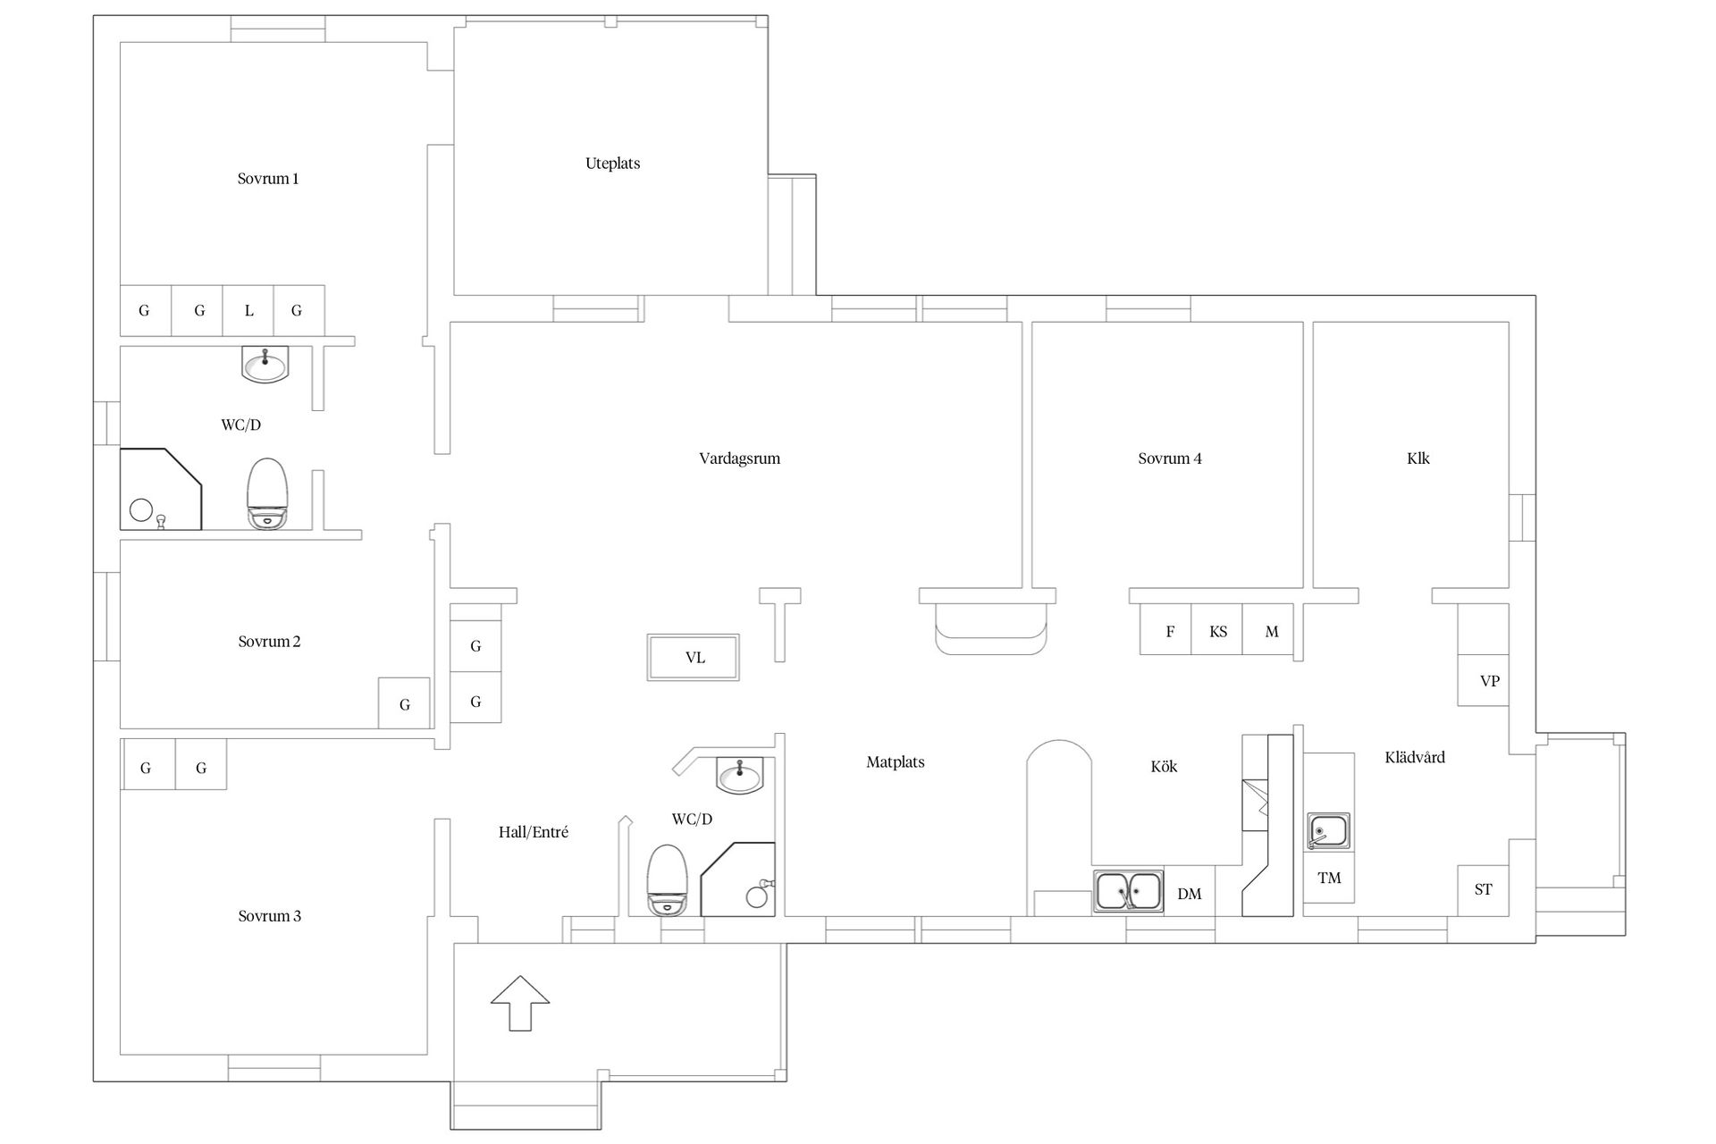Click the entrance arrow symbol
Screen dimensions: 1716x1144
(520, 1003)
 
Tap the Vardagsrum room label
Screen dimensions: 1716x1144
(739, 458)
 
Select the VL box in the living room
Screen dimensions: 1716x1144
(694, 658)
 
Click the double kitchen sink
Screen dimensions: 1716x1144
(1128, 891)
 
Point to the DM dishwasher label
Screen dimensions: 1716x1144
(1189, 894)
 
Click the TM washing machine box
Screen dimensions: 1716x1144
(1329, 878)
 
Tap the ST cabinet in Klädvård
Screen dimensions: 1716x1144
(1483, 890)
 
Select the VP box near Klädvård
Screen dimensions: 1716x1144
(1484, 680)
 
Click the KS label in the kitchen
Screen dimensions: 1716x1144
(1218, 632)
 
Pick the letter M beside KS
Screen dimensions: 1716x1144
(1272, 632)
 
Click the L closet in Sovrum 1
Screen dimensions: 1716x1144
(248, 310)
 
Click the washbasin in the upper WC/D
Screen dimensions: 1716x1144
(265, 365)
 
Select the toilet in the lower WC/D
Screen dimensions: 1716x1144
(667, 880)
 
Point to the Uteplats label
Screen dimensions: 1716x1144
(612, 164)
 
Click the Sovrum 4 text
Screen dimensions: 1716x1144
(1169, 458)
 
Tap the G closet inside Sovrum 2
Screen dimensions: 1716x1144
(404, 703)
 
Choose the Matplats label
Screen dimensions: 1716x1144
(895, 762)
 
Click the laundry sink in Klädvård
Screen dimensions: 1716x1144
(1328, 831)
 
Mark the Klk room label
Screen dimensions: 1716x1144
(1417, 458)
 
